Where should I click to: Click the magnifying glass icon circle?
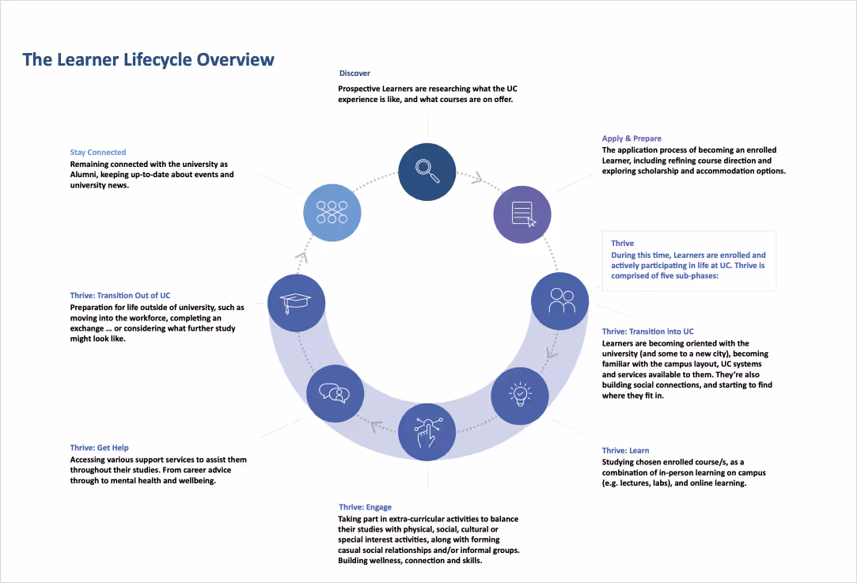tap(429, 171)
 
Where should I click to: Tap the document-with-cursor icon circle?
tap(522, 214)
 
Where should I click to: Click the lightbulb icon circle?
tap(520, 393)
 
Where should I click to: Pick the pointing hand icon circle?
tap(427, 431)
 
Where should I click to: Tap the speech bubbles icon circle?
tap(336, 393)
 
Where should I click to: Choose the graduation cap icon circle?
tap(297, 301)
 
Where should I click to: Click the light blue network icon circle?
tap(332, 212)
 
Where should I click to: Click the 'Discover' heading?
tap(355, 74)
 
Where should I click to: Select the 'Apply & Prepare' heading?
tap(631, 138)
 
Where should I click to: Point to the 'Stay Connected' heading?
tap(97, 153)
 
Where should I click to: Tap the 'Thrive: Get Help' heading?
tap(100, 448)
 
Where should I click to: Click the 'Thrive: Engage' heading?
tap(365, 507)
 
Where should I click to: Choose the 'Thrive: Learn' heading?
tap(625, 451)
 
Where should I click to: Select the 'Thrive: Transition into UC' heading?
tap(647, 331)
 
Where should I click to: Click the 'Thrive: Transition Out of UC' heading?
tap(120, 296)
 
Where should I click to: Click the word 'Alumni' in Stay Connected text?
tap(83, 174)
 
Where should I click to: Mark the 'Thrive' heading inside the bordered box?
tap(623, 244)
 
